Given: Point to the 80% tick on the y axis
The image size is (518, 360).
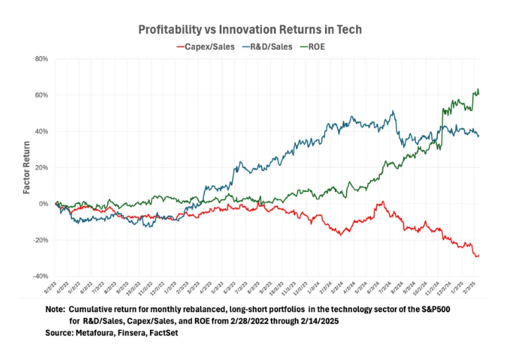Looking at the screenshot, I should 41,59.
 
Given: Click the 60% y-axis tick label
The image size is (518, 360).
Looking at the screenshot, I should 41,95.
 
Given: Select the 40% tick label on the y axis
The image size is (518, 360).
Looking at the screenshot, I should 41,131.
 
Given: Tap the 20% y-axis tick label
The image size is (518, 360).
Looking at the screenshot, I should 41,167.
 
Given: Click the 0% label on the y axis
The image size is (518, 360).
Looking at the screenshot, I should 43,204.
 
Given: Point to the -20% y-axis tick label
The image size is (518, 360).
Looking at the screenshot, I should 40,240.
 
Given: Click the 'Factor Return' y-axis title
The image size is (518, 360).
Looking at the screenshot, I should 27,167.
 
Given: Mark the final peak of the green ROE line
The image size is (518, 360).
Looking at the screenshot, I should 479,89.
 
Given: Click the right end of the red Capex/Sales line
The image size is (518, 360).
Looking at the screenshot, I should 479,255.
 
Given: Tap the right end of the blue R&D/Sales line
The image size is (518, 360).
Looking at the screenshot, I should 480,136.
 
